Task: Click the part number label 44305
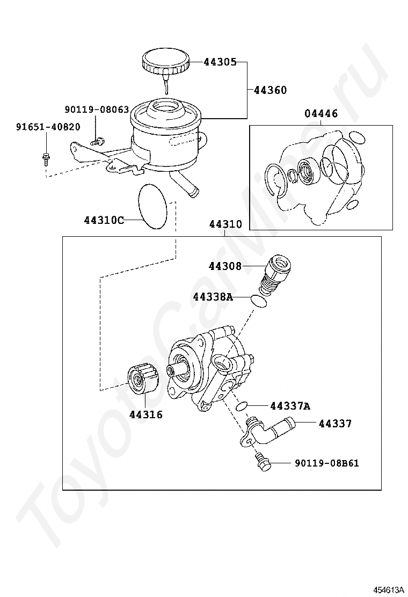tap(220, 62)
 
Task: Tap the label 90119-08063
tap(97, 110)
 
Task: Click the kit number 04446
tap(321, 114)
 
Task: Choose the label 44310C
tap(104, 220)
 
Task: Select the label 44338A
tap(213, 297)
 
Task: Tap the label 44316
tap(145, 414)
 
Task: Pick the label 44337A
tap(290, 406)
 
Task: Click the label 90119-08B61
tap(326, 463)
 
